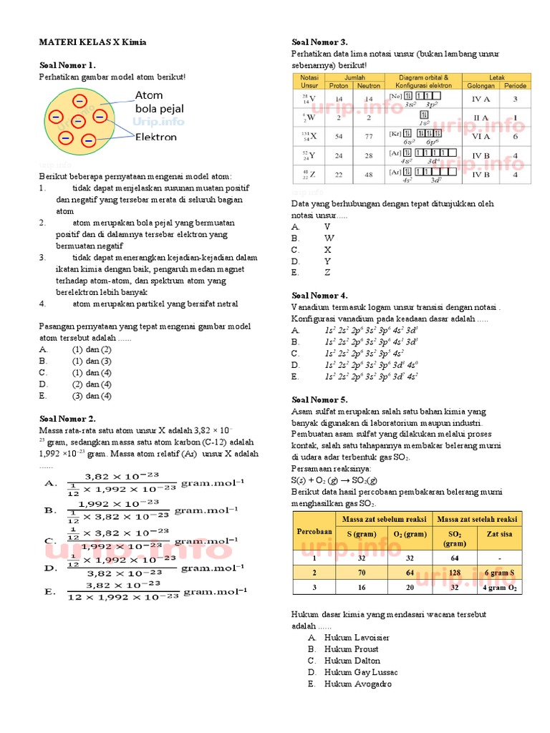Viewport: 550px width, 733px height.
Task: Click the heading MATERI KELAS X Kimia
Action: coord(92,42)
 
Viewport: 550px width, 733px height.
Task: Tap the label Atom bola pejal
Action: coord(159,102)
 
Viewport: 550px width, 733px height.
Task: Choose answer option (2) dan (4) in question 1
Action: coord(91,384)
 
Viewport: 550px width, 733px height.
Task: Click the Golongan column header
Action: coord(481,86)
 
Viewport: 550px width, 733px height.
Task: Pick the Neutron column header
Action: coord(369,86)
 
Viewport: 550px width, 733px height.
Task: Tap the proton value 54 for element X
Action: coord(339,136)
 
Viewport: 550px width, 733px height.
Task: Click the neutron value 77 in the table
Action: coord(369,136)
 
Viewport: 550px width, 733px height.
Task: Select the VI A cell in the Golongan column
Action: coord(481,136)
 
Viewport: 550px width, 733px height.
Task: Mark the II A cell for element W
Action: coord(481,117)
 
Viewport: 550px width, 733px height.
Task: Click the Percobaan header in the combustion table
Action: coord(315,533)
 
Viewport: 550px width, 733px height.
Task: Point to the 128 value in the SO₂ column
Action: coord(455,572)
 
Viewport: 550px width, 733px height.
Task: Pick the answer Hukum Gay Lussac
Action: coord(356,672)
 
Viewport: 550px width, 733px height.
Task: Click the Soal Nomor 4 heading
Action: coord(319,296)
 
